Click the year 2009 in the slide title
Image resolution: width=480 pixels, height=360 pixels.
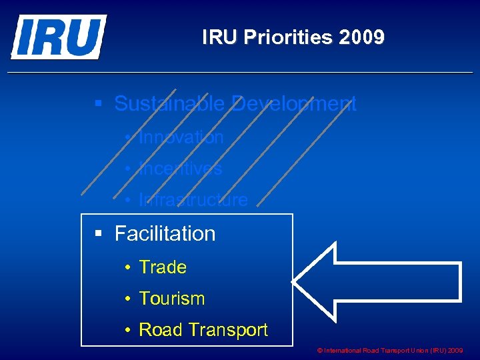361,37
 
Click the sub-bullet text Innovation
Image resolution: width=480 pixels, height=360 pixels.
181,137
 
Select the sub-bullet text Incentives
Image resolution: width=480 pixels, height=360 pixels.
180,169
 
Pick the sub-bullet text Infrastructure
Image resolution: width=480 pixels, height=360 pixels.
193,200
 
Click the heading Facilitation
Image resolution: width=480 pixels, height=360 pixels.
165,234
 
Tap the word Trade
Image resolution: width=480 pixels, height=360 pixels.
163,267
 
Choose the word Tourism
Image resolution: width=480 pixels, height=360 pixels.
171,299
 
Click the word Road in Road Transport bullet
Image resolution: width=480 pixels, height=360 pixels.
160,330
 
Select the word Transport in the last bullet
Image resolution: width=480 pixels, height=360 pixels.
227,330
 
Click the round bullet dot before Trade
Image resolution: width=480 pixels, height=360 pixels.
127,268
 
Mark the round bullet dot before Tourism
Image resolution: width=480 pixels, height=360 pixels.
127,299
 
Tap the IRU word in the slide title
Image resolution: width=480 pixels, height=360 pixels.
221,37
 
